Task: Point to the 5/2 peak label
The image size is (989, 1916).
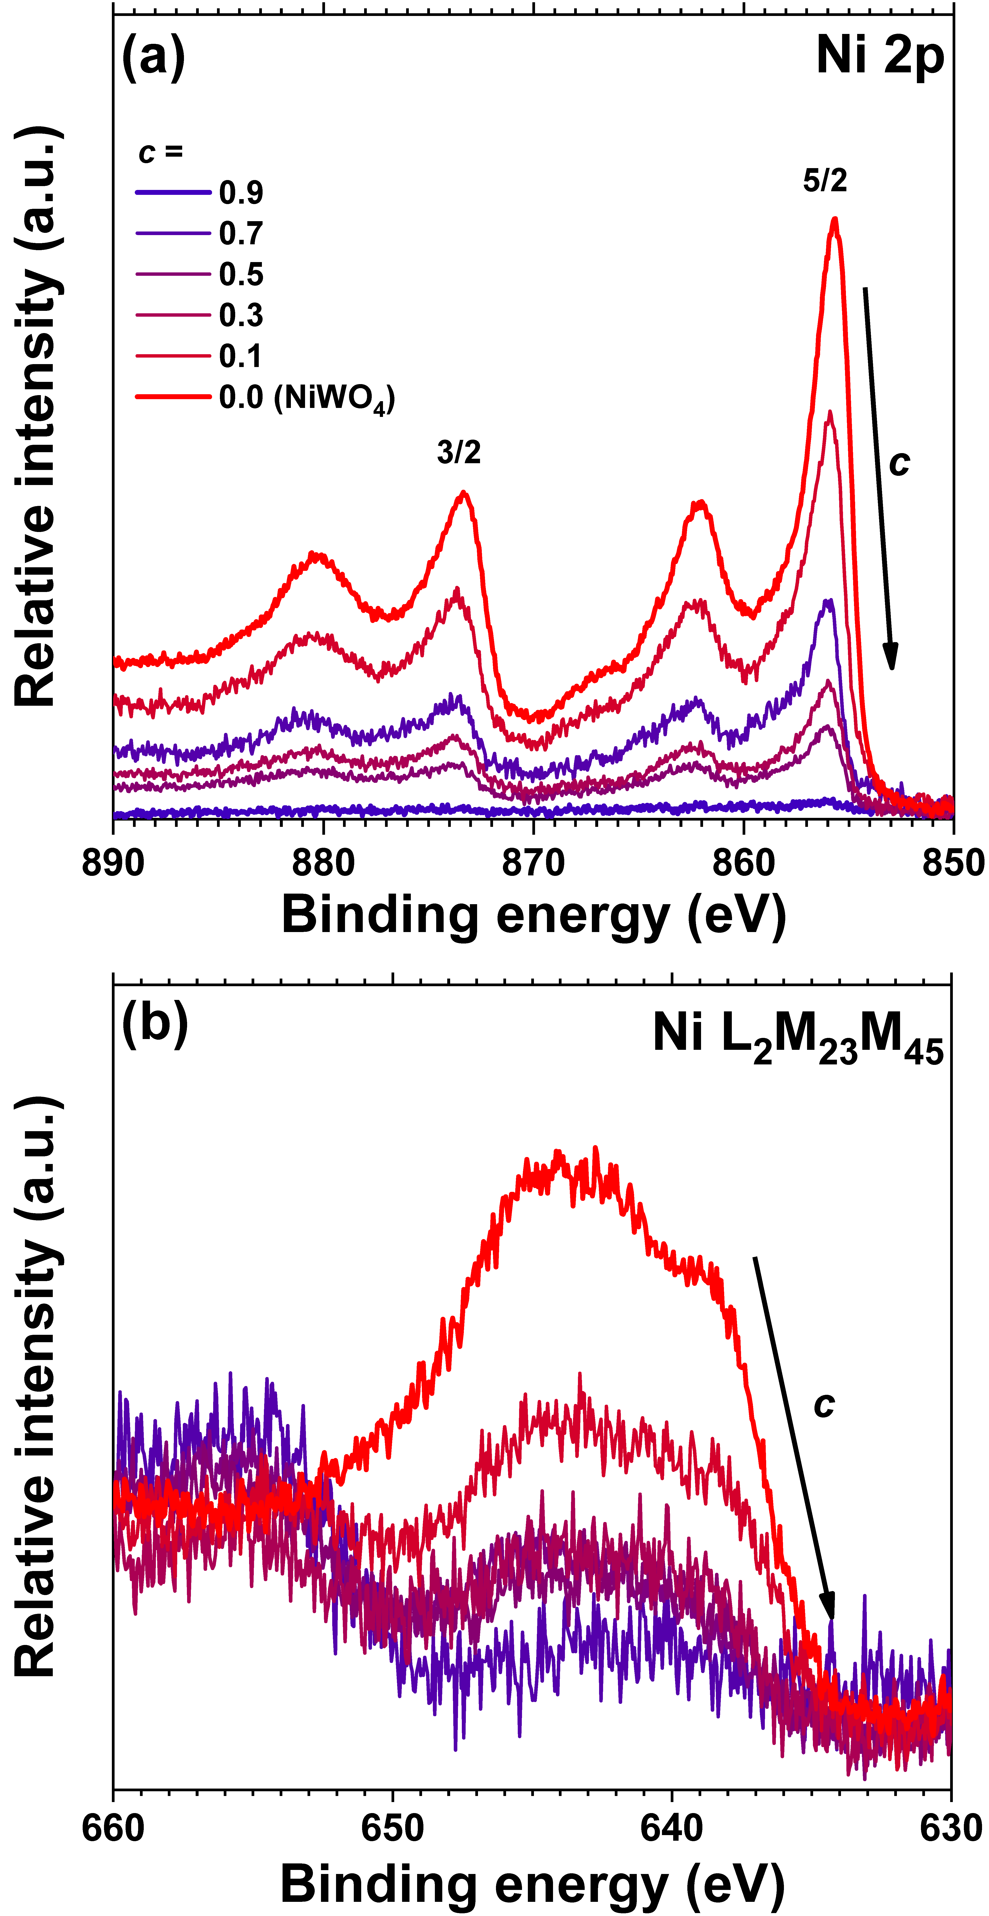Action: coord(825,181)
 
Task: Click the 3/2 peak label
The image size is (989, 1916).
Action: coord(459,452)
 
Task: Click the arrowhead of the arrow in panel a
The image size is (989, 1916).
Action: coord(892,658)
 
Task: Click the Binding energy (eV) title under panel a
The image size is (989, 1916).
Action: coord(533,915)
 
